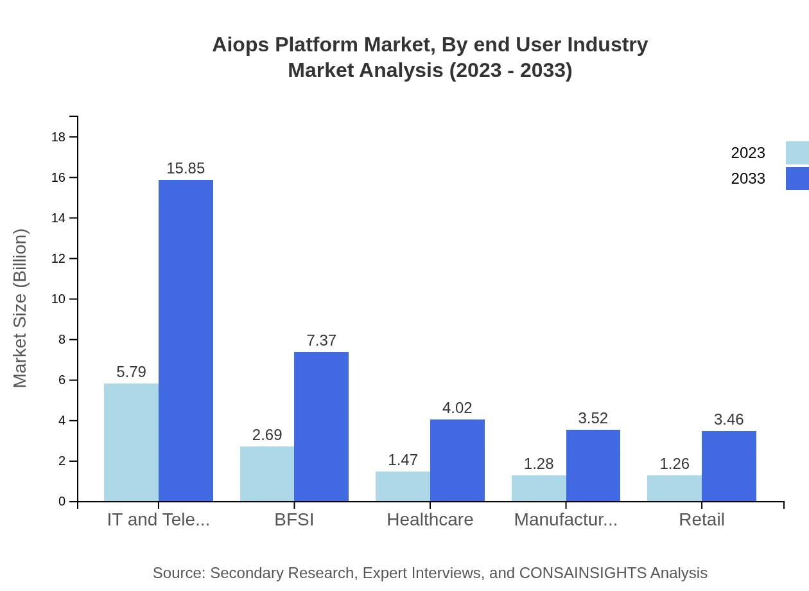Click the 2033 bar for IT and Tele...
pyautogui.click(x=186, y=340)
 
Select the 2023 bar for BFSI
pyautogui.click(x=267, y=474)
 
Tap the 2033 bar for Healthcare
pyautogui.click(x=457, y=461)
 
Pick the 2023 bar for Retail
pyautogui.click(x=674, y=488)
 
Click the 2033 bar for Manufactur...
pyautogui.click(x=593, y=466)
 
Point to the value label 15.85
pyautogui.click(x=186, y=168)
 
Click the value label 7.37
pyautogui.click(x=321, y=340)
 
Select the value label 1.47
pyautogui.click(x=403, y=460)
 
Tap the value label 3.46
pyautogui.click(x=729, y=419)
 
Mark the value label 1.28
pyautogui.click(x=539, y=464)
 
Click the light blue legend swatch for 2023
pyautogui.click(x=797, y=153)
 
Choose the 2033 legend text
pyautogui.click(x=748, y=179)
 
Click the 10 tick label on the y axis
pyautogui.click(x=58, y=299)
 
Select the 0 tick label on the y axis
pyautogui.click(x=62, y=502)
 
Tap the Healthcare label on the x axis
pyautogui.click(x=430, y=520)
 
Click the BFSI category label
pyautogui.click(x=294, y=520)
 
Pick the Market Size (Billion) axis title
pyautogui.click(x=21, y=308)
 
